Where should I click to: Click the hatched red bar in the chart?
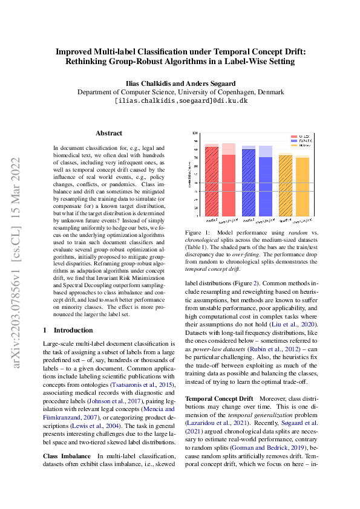click(x=211, y=181)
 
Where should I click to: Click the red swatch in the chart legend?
click(x=294, y=137)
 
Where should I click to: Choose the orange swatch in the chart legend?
click(x=294, y=146)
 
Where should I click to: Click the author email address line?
click(x=180, y=101)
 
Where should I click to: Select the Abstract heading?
click(x=109, y=133)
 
